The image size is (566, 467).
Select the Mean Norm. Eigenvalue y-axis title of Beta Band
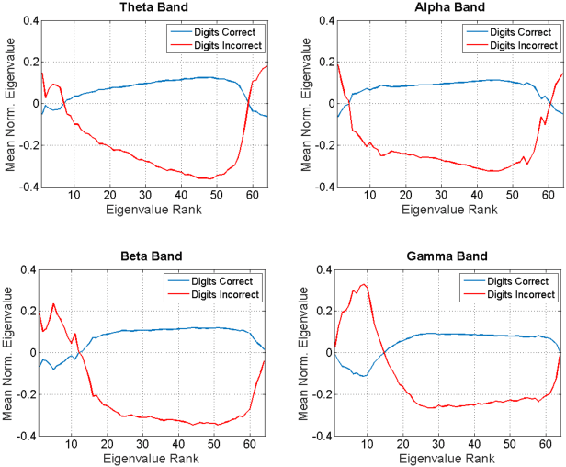(8, 352)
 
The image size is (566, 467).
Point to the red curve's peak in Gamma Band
(364, 285)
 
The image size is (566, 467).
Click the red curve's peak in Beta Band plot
(53, 303)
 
